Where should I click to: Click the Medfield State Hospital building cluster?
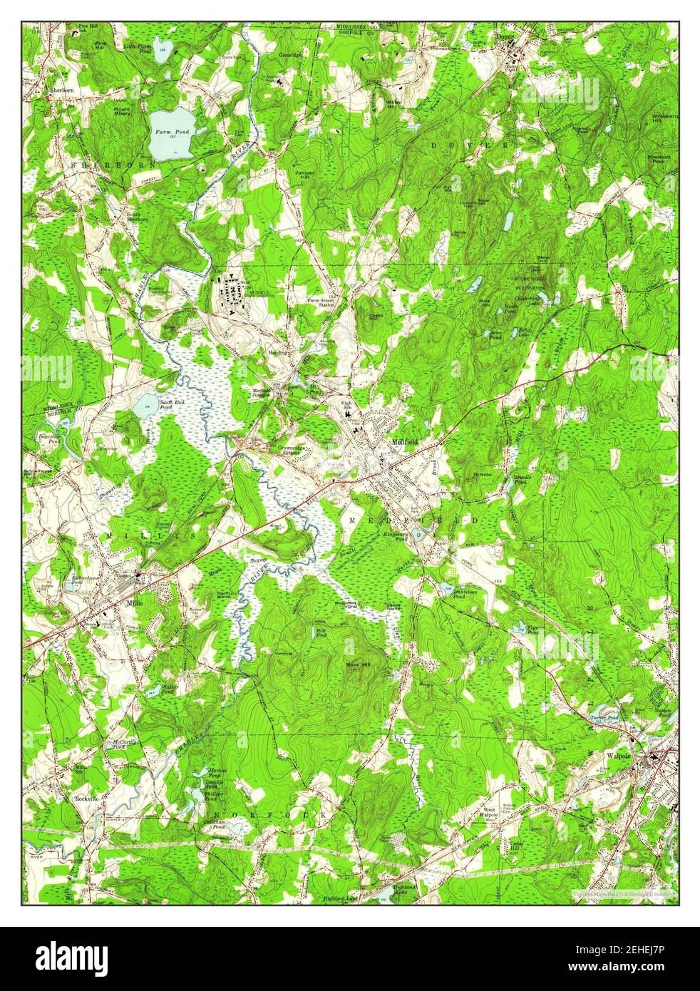click(235, 294)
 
